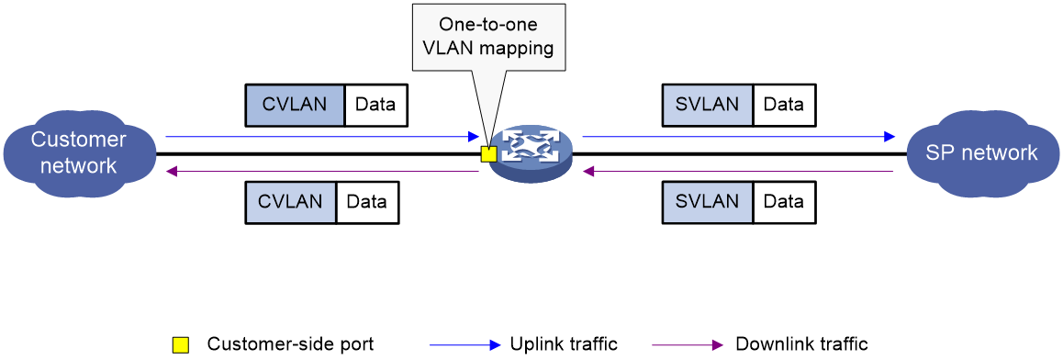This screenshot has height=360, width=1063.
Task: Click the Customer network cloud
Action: [x=78, y=152]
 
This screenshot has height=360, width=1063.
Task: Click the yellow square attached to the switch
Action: [x=488, y=154]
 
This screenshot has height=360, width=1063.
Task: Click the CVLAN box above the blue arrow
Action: [x=295, y=106]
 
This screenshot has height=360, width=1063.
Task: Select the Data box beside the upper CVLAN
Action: [x=375, y=106]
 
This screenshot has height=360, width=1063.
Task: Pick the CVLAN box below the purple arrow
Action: [x=291, y=202]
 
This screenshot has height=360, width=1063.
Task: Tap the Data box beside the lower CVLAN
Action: [x=367, y=202]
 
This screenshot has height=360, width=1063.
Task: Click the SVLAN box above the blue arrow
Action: [x=708, y=106]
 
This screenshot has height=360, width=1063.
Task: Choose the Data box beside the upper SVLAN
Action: [x=784, y=106]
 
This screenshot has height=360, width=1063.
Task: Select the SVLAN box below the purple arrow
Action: [x=708, y=202]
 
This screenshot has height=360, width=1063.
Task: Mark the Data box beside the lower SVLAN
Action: [x=784, y=202]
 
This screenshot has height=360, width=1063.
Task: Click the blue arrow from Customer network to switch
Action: [x=321, y=137]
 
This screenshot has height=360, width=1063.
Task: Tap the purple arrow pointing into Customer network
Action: [x=321, y=171]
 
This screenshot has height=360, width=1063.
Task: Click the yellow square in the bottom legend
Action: [x=181, y=345]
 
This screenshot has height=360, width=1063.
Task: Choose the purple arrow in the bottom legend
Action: [x=688, y=345]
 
